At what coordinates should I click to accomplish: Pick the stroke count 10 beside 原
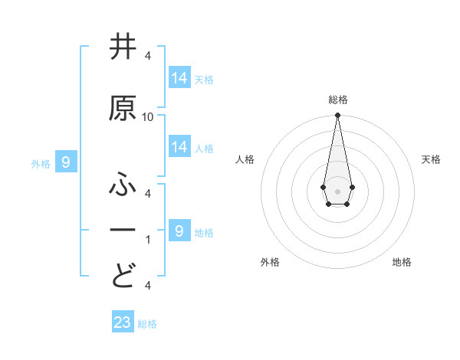pos(148,117)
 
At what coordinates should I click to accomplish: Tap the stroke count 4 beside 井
pos(148,56)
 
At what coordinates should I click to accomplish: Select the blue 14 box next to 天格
pos(179,78)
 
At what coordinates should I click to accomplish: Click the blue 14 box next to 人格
pos(179,147)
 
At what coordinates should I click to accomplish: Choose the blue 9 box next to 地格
pos(179,231)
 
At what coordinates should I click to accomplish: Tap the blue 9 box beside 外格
pos(66,162)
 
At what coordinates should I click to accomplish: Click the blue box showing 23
pos(123,322)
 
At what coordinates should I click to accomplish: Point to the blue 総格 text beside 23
pos(147,324)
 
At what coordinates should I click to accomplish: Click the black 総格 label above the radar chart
pos(338,100)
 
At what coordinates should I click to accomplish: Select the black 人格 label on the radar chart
pos(245,159)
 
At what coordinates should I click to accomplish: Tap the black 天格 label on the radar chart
pos(431,159)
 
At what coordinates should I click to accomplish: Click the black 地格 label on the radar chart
pos(402,262)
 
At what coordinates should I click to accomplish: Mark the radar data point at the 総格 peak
pos(337,116)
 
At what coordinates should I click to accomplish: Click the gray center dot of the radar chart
pos(337,191)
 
